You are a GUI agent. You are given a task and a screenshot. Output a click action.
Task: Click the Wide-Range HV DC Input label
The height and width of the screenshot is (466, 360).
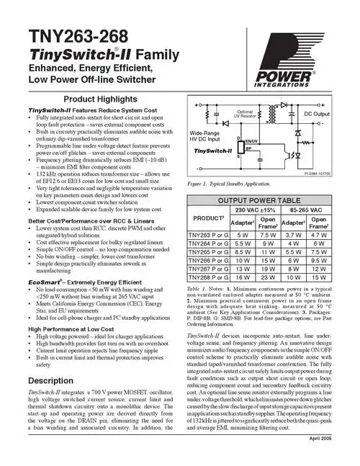(x=207, y=136)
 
